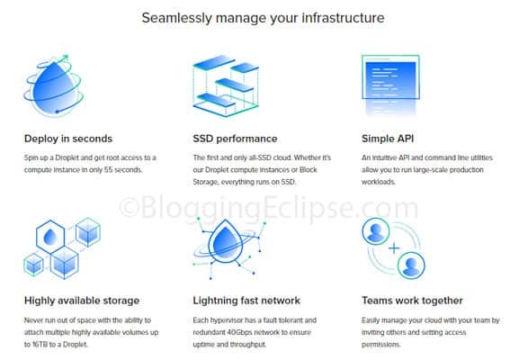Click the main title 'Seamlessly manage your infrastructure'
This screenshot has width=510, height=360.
(x=263, y=18)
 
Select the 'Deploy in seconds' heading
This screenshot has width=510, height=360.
(x=68, y=139)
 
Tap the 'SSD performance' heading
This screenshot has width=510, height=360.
(x=235, y=139)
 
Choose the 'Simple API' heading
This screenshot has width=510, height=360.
(x=388, y=139)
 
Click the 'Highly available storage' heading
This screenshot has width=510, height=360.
(x=82, y=301)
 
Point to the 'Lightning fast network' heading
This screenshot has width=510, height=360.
(x=246, y=301)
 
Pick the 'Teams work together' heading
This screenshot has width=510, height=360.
(x=412, y=301)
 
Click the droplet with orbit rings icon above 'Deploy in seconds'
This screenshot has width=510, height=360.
(x=54, y=85)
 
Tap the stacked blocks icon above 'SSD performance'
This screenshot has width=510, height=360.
(x=226, y=85)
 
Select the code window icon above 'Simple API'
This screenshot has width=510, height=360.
(x=390, y=85)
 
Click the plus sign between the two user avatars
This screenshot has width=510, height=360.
(x=394, y=248)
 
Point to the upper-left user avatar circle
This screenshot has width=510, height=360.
(x=376, y=231)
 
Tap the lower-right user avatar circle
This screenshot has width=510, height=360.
(x=411, y=265)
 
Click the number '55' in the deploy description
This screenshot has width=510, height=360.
(x=108, y=170)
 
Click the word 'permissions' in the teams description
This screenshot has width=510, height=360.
(x=380, y=345)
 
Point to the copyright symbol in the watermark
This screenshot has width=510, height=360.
(x=130, y=208)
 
